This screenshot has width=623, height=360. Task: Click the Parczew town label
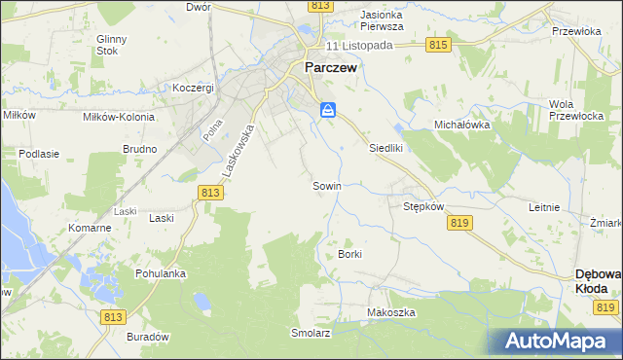[x=331, y=68]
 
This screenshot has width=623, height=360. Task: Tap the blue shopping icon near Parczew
[x=328, y=111]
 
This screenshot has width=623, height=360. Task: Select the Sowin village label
[x=325, y=185]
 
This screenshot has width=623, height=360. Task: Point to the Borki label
[x=349, y=254]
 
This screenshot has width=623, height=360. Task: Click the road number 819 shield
[x=461, y=223]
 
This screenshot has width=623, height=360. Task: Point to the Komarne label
[x=90, y=228]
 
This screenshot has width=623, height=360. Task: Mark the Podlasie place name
[x=40, y=154]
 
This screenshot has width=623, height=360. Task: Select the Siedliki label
[x=385, y=148]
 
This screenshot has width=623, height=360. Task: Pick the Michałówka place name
[x=462, y=126]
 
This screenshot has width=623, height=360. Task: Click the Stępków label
[x=423, y=207]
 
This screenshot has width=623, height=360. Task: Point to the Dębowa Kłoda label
[x=599, y=282]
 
